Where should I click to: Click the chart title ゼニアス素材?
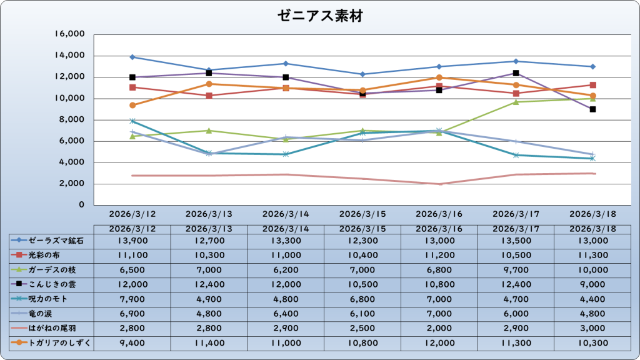coord(319,17)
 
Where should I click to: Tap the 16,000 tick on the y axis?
coord(70,34)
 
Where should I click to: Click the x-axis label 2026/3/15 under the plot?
coord(362,214)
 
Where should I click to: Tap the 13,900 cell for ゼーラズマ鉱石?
coord(132,240)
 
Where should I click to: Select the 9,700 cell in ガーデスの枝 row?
coord(516,269)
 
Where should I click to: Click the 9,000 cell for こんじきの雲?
coord(593,284)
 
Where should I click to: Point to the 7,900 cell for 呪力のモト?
coord(132,299)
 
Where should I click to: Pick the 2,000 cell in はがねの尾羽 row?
coord(439,327)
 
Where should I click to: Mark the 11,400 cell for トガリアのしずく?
coord(209,342)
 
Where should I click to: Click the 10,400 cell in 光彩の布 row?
coord(362,255)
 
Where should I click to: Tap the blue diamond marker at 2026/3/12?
coord(132,57)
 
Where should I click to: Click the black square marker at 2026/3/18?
coord(592,109)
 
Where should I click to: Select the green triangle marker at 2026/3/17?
coord(516,102)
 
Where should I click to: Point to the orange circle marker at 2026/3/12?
coord(132,105)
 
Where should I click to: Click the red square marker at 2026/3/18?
coord(592,85)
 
